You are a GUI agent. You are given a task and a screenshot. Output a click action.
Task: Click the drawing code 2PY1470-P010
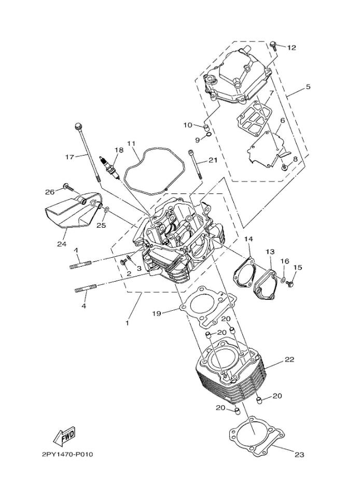[x=67, y=454]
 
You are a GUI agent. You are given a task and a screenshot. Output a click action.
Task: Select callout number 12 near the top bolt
[x=292, y=48]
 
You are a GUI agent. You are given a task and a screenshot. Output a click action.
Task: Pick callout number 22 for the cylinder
[x=289, y=359]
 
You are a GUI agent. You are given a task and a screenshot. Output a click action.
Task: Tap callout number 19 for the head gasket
[x=156, y=313]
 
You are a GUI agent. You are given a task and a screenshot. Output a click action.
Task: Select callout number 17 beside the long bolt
[x=70, y=157]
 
